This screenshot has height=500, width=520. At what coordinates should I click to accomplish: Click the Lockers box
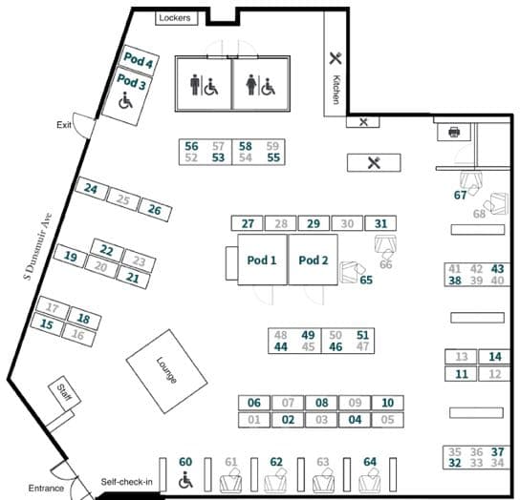tap(177, 18)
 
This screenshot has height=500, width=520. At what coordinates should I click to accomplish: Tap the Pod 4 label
tap(139, 59)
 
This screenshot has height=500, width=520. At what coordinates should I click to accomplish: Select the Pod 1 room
tap(262, 260)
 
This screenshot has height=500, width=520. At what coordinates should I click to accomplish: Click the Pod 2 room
tap(314, 260)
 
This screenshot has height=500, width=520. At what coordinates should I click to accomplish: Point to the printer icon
tap(454, 132)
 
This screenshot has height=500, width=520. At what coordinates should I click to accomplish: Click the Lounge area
tap(166, 371)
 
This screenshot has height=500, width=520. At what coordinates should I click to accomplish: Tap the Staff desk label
tap(64, 392)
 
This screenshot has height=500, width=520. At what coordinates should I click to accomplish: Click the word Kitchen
tap(336, 90)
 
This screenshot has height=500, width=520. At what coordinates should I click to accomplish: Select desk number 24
tap(92, 189)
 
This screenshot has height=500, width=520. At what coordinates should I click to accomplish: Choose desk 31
tap(380, 223)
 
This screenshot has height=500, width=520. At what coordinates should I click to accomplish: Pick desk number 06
tap(254, 403)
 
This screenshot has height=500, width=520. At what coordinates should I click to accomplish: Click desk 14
tap(495, 357)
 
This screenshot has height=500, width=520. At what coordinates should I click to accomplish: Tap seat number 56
tap(191, 146)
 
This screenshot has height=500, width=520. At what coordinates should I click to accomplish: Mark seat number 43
tap(497, 268)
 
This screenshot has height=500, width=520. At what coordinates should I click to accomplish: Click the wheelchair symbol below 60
tap(185, 480)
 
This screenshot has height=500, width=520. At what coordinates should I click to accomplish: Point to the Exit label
tap(64, 125)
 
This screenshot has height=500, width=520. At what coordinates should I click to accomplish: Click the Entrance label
tap(46, 489)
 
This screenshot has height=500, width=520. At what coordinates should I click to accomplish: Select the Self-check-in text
tap(127, 482)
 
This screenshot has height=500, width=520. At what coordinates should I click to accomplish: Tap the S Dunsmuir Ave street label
tap(38, 246)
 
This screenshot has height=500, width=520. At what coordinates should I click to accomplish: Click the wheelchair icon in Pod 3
tap(125, 100)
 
